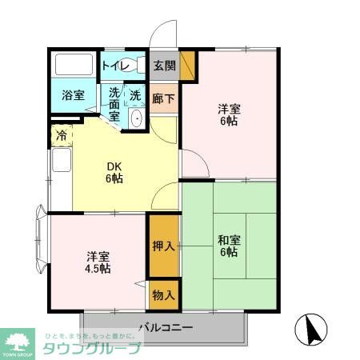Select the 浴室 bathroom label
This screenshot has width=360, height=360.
click(x=73, y=95)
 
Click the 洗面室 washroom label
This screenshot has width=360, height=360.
click(x=114, y=104)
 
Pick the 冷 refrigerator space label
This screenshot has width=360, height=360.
click(x=61, y=136)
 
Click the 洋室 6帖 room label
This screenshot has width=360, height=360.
click(x=229, y=114)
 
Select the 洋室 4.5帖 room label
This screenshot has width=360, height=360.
click(x=99, y=262)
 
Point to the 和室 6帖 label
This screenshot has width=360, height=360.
click(x=228, y=246)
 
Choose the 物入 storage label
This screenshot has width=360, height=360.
click(x=163, y=296)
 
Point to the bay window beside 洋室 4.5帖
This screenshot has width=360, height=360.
click(x=41, y=240)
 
